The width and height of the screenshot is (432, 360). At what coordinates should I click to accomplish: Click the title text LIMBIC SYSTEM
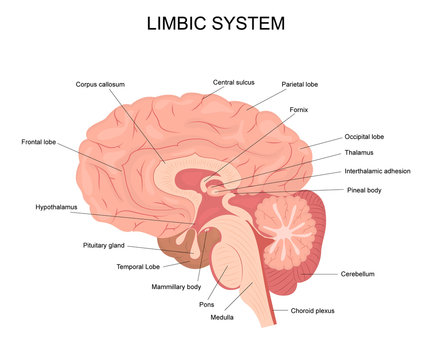click(215, 22)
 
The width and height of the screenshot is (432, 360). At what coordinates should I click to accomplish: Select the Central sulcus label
click(234, 82)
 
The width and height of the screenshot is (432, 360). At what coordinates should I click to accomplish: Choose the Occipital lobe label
click(364, 136)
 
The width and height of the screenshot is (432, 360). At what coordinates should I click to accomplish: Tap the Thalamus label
click(358, 154)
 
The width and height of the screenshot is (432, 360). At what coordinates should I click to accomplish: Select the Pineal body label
click(364, 189)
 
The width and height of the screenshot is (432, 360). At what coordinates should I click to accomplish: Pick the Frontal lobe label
click(39, 142)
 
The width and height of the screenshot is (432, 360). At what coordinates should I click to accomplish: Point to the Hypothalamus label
click(56, 207)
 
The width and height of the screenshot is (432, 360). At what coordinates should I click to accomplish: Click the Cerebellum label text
click(357, 273)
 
